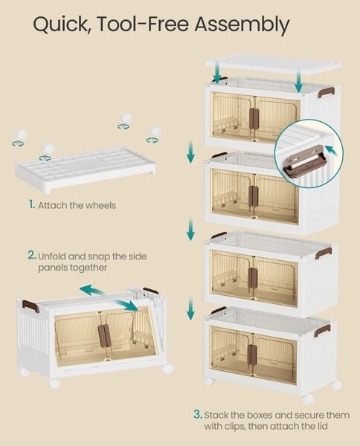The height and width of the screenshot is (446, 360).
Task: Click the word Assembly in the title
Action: pyautogui.click(x=242, y=25)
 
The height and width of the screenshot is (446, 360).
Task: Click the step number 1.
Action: pyautogui.click(x=31, y=204)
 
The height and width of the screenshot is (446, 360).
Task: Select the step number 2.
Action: pyautogui.click(x=32, y=255)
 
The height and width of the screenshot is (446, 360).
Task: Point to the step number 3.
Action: pyautogui.click(x=198, y=415)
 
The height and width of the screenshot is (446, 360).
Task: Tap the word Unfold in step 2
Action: pyautogui.click(x=52, y=256)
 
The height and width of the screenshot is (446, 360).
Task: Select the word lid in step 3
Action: pyautogui.click(x=322, y=425)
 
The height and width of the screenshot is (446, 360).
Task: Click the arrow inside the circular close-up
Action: pyautogui.click(x=332, y=150)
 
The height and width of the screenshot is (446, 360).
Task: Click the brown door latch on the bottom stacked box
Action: pyautogui.click(x=252, y=354)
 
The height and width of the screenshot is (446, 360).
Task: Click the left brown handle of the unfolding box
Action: pyautogui.click(x=30, y=306)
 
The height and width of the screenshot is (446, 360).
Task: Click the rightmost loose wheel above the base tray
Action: pyautogui.click(x=154, y=135)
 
